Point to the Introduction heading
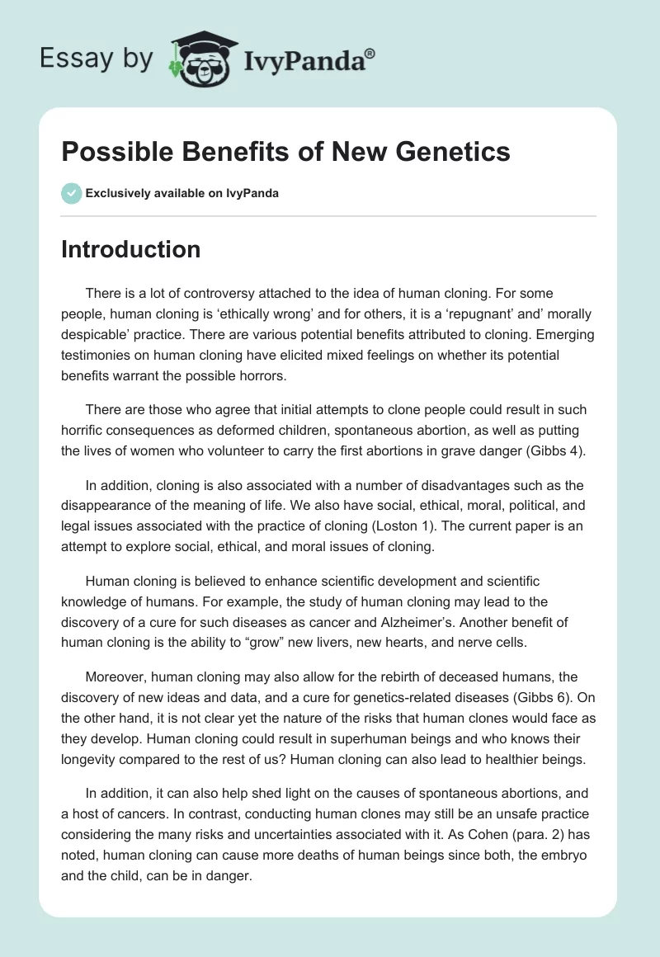point(131,249)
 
